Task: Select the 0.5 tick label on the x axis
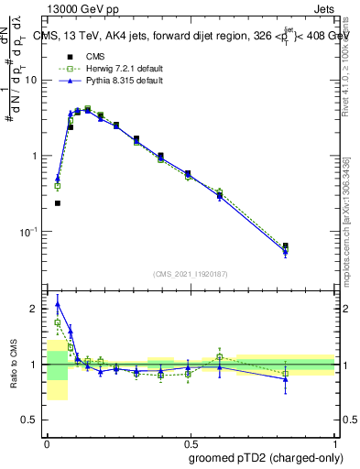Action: [x=191, y=441]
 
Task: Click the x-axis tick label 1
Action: [x=335, y=441]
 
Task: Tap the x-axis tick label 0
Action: [x=47, y=441]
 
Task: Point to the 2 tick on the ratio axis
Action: [x=36, y=309]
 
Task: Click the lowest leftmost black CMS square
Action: [x=58, y=203]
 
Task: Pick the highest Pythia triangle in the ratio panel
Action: [x=58, y=304]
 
